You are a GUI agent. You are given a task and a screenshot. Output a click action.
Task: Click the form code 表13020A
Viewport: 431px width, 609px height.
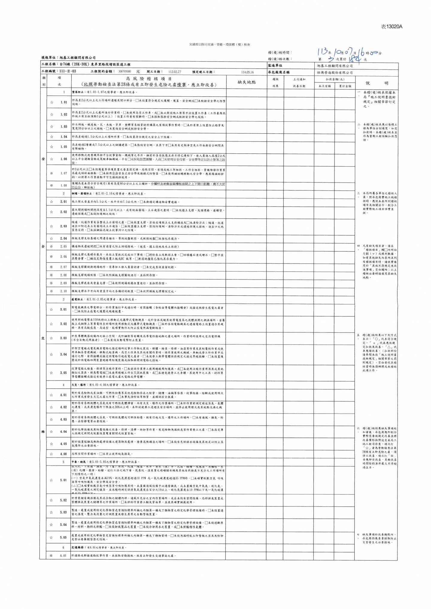tap(391, 27)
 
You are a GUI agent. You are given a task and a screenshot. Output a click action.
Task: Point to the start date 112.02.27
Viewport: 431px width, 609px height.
tap(175, 72)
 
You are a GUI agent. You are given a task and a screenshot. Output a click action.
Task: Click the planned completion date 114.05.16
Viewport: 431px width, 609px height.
tap(247, 72)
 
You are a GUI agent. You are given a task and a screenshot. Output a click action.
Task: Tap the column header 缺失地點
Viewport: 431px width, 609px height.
tap(247, 82)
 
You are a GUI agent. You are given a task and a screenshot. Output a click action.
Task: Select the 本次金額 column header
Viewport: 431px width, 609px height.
tap(325, 86)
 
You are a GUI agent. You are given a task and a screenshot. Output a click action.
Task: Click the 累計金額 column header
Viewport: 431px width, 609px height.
tap(345, 86)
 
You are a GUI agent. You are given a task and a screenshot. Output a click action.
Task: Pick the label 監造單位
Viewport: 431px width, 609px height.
tap(275, 65)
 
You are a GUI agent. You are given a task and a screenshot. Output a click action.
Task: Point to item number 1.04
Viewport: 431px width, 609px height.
tap(63, 137)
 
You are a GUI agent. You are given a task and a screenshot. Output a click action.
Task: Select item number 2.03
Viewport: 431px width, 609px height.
tap(63, 226)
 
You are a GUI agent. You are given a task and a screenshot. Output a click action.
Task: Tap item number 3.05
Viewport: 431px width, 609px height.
tap(63, 373)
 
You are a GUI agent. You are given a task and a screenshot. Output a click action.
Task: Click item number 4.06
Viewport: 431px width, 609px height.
tap(63, 454)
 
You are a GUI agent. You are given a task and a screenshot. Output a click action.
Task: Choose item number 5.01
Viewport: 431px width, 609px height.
tap(63, 480)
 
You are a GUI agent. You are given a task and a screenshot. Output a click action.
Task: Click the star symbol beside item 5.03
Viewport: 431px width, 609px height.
tap(51, 512)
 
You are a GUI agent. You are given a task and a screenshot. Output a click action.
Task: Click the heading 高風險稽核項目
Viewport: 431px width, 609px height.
tap(148, 79)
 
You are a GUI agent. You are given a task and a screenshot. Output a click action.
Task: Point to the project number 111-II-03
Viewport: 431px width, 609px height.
tap(68, 72)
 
